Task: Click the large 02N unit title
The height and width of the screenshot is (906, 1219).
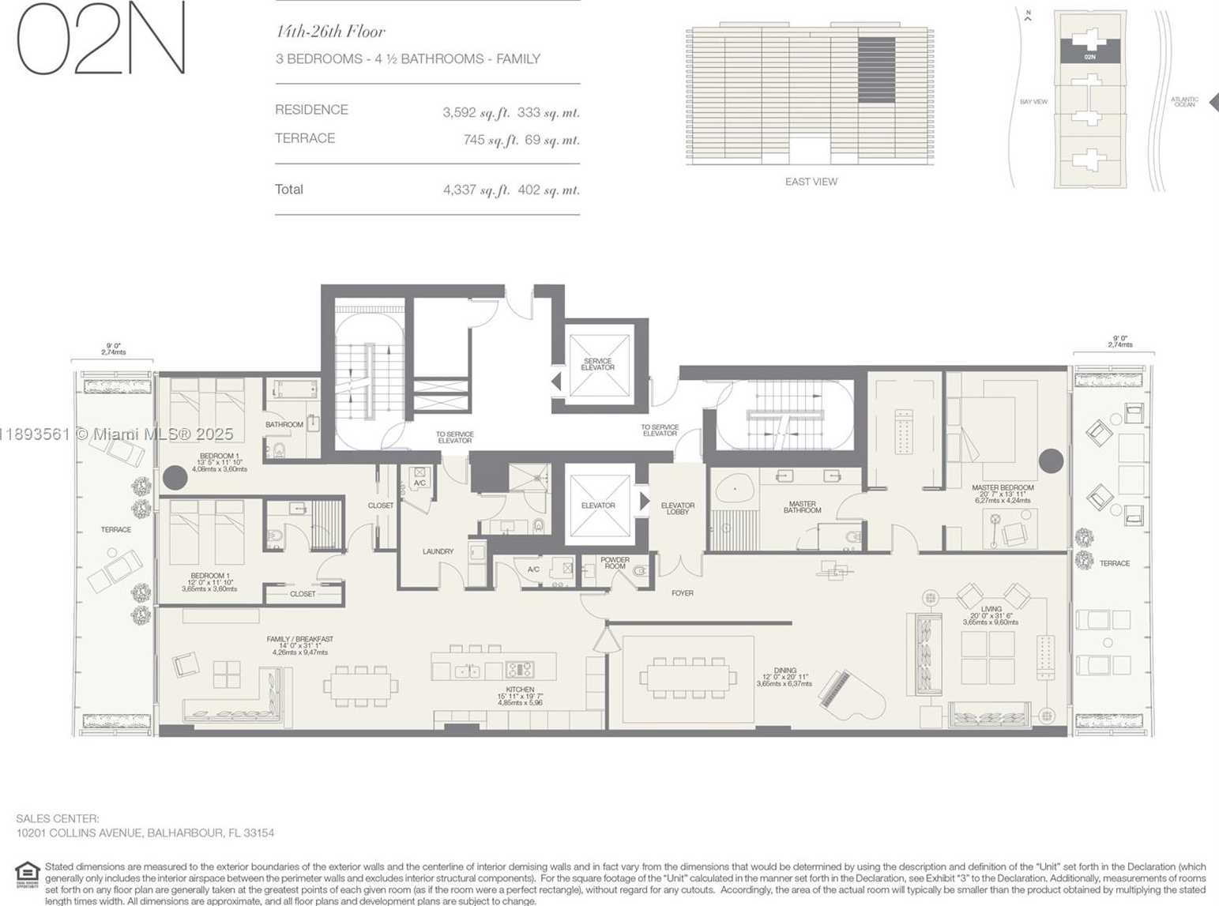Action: [x=101, y=39]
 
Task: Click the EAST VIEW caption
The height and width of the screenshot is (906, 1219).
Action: [x=811, y=182]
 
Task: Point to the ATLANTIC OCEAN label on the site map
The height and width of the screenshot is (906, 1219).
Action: [x=1183, y=102]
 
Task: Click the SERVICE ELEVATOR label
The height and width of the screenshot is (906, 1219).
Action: [x=597, y=364]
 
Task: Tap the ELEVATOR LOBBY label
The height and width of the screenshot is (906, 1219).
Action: [x=677, y=509]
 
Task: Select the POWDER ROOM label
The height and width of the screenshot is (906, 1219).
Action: [x=615, y=563]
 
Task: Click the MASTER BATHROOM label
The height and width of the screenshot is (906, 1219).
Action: [x=802, y=507]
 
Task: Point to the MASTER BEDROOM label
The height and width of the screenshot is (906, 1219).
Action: [x=1003, y=488]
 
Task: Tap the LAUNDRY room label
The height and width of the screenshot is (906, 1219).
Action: [x=438, y=551]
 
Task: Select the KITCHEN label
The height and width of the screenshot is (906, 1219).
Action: [x=520, y=690]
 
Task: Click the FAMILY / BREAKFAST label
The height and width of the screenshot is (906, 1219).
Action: [x=299, y=639]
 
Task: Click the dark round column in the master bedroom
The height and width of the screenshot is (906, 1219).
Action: [x=1051, y=461]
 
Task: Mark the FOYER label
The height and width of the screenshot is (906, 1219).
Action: [x=682, y=593]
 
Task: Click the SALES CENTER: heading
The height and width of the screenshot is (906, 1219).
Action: [x=58, y=819]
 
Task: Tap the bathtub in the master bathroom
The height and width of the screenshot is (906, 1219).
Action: [x=734, y=491]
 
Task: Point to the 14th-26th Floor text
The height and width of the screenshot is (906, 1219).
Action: [x=330, y=32]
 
